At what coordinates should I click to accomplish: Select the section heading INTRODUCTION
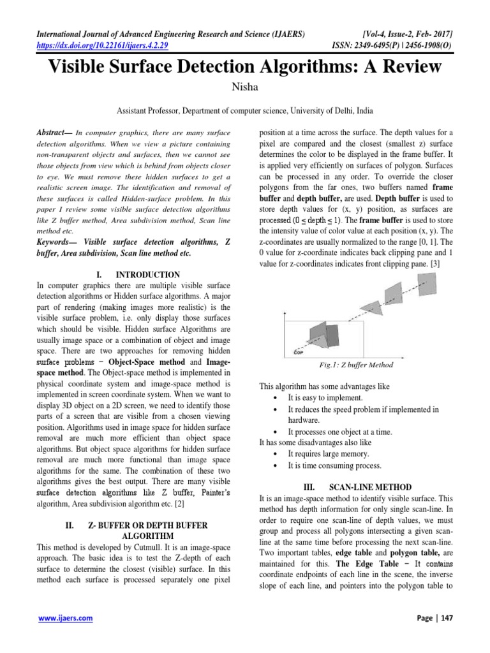coord(147,275)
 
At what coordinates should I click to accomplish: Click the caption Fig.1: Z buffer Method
coord(356,365)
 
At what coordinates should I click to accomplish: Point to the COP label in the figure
coord(298,351)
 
